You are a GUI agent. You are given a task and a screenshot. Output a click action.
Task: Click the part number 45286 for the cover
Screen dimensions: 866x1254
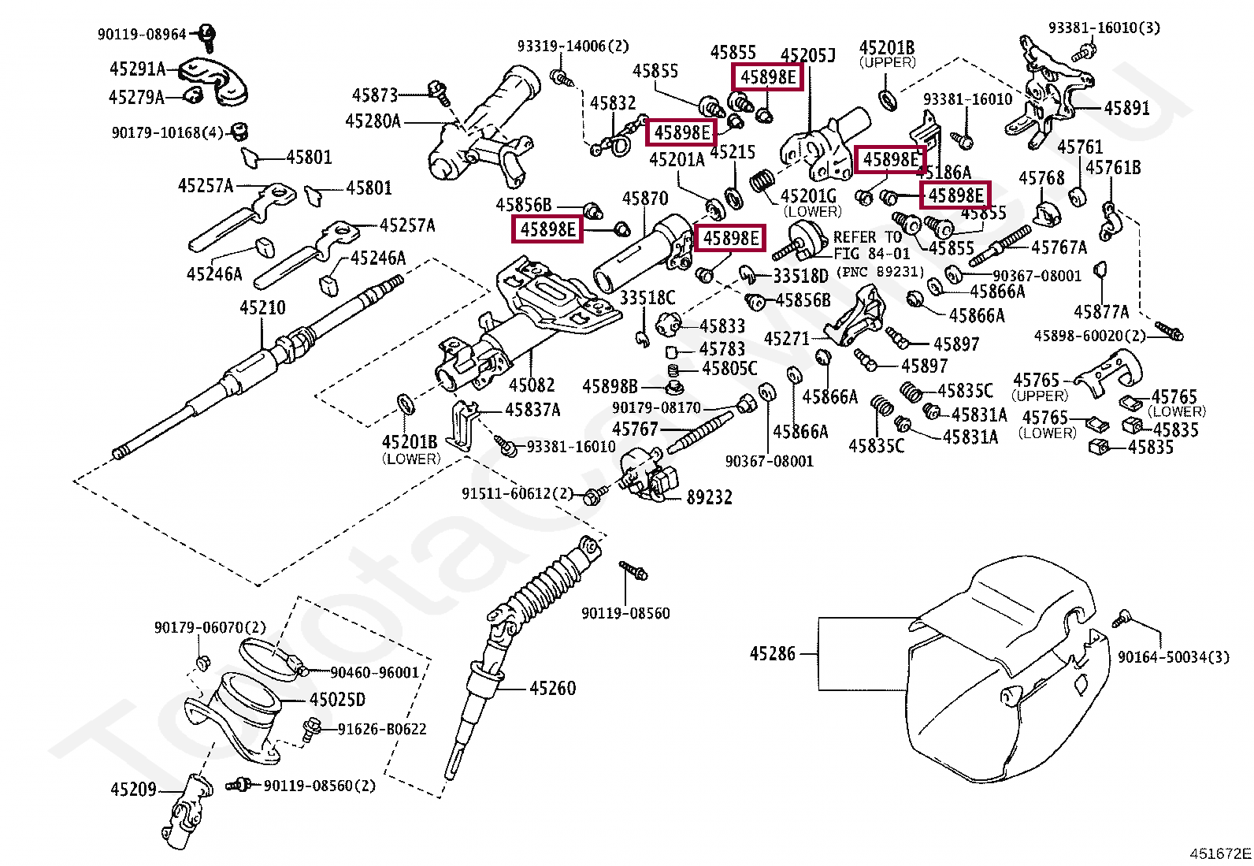pos(772,653)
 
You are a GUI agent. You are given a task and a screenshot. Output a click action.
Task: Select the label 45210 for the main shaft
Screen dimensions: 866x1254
pos(262,307)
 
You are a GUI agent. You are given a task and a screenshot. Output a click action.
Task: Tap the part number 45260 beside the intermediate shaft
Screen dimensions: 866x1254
pos(552,689)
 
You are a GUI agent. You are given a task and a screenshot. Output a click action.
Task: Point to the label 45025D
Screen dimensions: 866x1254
pos(337,700)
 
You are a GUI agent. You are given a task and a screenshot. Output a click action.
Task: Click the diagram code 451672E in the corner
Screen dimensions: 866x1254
pos(1219,853)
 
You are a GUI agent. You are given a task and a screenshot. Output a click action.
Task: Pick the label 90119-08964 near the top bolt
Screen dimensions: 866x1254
pos(142,35)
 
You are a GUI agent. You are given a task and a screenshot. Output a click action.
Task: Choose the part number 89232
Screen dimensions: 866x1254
pos(709,497)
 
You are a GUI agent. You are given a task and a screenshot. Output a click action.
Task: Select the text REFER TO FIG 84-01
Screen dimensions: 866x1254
pos(871,245)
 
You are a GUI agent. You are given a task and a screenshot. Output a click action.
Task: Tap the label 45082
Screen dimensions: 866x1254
pos(532,385)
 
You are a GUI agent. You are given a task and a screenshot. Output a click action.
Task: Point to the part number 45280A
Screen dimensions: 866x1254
pos(373,121)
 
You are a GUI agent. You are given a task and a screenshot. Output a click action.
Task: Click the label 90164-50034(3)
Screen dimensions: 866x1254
pos(1173,657)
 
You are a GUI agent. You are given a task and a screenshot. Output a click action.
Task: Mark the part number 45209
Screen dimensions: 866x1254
pos(133,790)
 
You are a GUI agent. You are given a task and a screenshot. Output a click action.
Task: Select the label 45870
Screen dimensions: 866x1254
pos(644,199)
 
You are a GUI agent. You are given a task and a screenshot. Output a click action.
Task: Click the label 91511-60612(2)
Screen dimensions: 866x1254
pos(518,494)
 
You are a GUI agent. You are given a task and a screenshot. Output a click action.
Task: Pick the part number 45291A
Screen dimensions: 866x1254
pos(137,69)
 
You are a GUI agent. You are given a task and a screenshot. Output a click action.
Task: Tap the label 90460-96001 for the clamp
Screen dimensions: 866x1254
pos(374,672)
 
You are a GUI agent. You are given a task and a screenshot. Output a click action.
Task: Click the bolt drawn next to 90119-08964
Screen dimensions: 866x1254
pos(208,34)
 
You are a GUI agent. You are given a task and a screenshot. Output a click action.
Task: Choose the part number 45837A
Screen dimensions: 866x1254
pos(532,410)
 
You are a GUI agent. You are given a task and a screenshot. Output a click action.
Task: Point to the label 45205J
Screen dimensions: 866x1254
pos(807,55)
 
